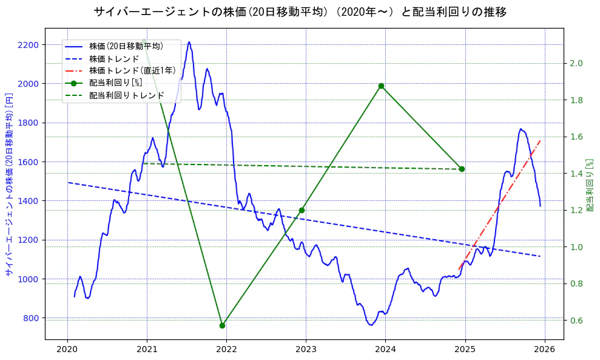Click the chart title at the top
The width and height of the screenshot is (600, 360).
[x=300, y=12]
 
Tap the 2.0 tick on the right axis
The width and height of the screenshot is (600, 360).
[x=576, y=64]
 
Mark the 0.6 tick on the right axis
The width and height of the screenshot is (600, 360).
[x=576, y=321]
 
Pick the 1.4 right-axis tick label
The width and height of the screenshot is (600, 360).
[x=576, y=174]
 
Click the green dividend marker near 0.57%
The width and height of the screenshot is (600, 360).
[x=222, y=325]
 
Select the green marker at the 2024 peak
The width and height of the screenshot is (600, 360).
[x=381, y=86]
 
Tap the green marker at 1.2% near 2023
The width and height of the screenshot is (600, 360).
[x=302, y=210]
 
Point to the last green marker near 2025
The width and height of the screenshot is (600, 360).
[x=462, y=169]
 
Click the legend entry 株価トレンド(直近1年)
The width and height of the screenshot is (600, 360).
[x=132, y=70]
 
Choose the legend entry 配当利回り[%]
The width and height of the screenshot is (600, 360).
[x=115, y=83]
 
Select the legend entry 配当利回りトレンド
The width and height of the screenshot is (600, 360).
[x=126, y=95]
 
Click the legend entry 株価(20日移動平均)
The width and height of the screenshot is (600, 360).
[x=126, y=46]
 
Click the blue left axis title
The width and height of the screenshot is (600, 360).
[x=9, y=185]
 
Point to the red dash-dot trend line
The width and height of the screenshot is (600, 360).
[x=501, y=203]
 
